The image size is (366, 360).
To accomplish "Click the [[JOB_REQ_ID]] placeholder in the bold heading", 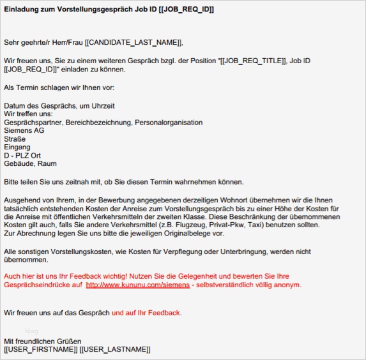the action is click(185, 10).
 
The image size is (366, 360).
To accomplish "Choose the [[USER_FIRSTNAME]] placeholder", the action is click(40, 350).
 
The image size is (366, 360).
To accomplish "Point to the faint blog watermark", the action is click(31, 330).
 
